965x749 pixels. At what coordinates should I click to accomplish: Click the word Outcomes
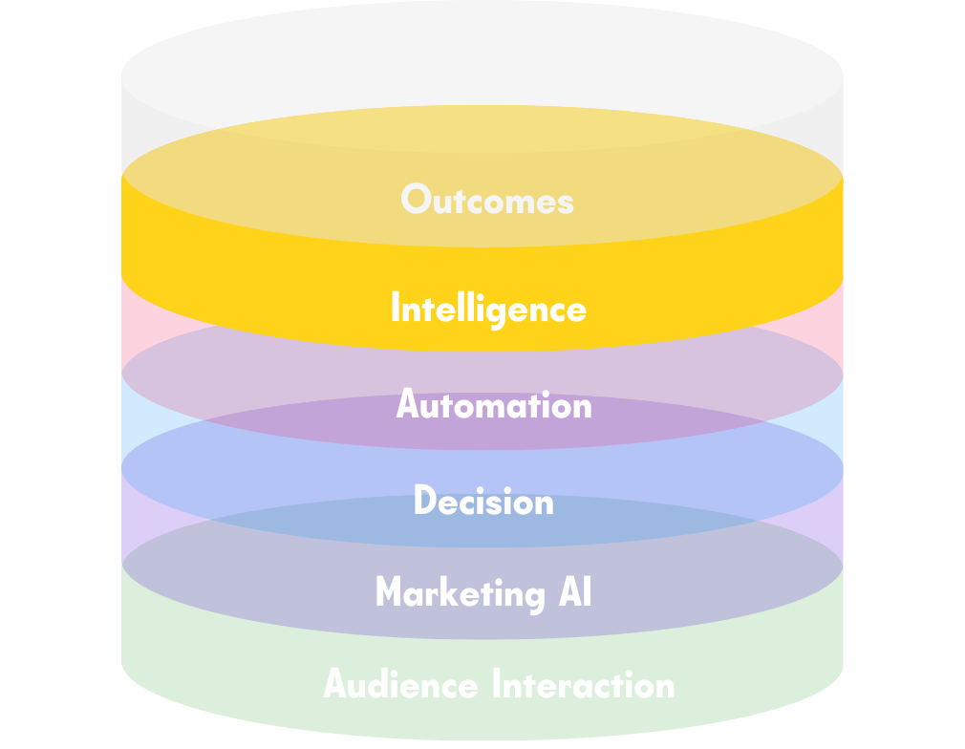point(487,200)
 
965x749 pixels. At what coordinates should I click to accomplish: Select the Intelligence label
point(488,309)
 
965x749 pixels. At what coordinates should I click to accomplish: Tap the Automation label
point(494,405)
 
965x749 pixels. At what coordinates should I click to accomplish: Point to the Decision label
point(483,502)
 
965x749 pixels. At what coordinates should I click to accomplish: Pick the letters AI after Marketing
point(573,592)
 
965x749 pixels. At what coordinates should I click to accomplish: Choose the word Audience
point(400,685)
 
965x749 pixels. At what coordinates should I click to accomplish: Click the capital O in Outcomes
point(414,199)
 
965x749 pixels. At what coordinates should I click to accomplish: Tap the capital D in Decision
point(423,502)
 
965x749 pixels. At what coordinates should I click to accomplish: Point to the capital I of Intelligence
point(396,308)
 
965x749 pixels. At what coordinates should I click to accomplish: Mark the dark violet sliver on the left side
point(134,516)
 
